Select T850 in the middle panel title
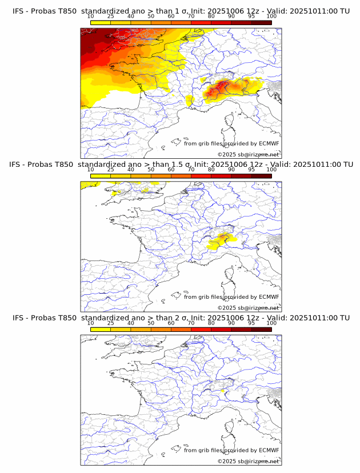pos(65,165)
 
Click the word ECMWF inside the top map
pos(269,143)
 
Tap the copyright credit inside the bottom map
pos(248,461)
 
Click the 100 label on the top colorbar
pos(271,16)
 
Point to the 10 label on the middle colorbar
pos(90,170)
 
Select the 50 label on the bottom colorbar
pos(151,323)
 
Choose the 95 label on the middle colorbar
pos(251,170)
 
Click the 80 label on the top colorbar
pos(211,16)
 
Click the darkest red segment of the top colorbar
pos(262,22)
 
